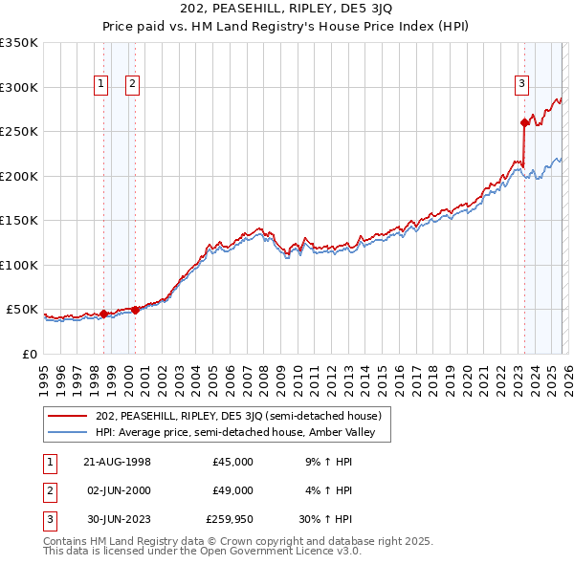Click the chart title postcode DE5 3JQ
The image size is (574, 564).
pos(356,9)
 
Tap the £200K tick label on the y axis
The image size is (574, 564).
pos(19,176)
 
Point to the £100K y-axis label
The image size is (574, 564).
pos(19,265)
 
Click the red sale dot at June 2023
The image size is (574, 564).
pos(524,122)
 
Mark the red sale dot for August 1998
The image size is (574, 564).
pos(103,314)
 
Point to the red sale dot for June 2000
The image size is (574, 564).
pos(135,310)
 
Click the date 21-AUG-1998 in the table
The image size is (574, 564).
pos(117,462)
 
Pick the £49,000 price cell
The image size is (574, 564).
pos(233,490)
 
